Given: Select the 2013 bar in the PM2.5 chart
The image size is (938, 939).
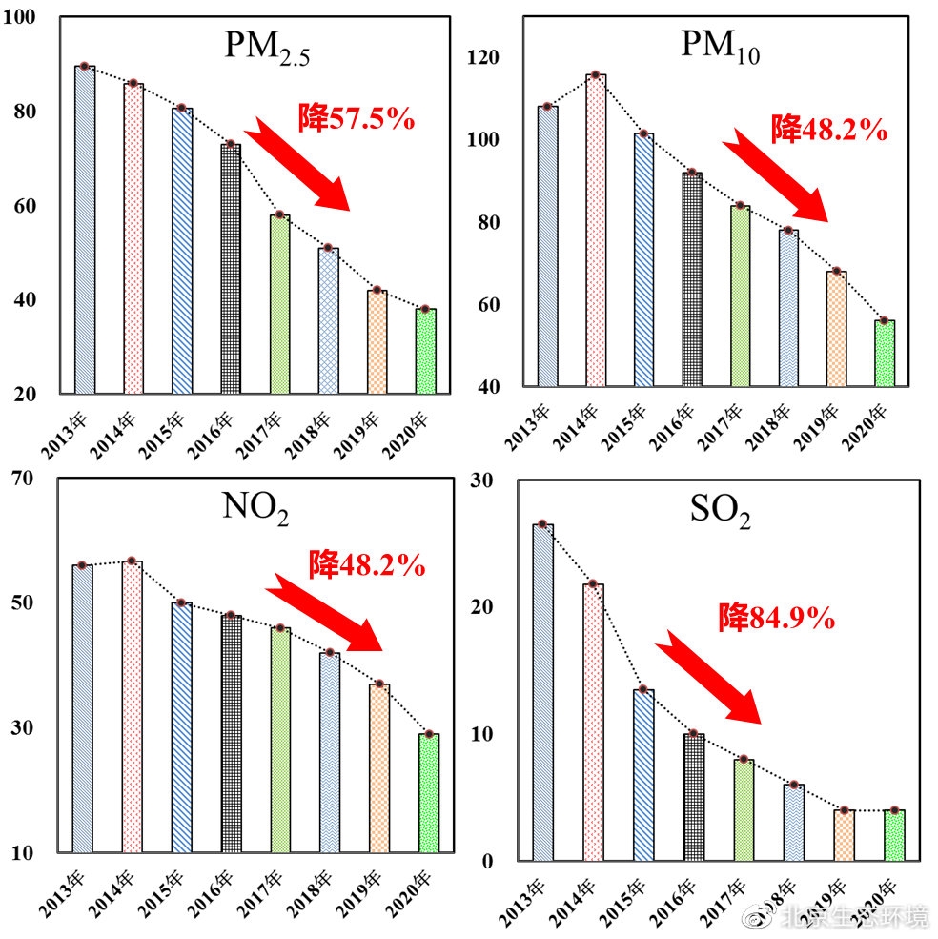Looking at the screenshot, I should click(x=85, y=230).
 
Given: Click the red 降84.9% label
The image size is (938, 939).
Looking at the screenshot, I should click(x=777, y=619).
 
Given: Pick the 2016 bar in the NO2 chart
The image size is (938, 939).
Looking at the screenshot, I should click(x=231, y=734).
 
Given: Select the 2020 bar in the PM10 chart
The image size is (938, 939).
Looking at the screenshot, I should click(x=885, y=354).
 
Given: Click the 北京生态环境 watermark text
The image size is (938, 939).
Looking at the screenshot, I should click(x=853, y=917).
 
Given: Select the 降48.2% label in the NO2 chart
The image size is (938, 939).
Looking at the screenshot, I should click(x=366, y=564).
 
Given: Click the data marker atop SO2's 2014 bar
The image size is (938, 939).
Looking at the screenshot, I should click(x=593, y=583).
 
